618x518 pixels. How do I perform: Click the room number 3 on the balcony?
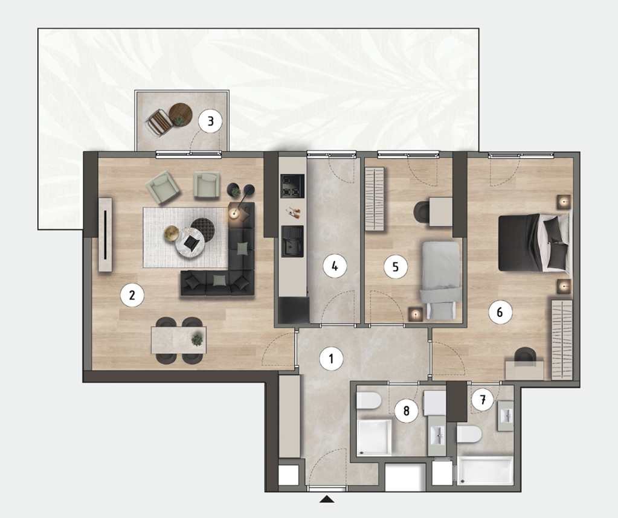tap(210, 121)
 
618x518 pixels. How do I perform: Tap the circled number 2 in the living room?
tap(132, 295)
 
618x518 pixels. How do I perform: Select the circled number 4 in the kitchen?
tap(335, 267)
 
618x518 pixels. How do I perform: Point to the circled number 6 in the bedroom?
tap(500, 312)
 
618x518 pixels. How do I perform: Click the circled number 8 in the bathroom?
tap(407, 411)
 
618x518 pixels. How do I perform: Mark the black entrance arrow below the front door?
tap(327, 499)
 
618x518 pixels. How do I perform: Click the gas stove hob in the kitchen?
tap(292, 187)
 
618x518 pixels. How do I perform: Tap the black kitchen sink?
tap(292, 241)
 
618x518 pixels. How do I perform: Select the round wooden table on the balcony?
tap(181, 115)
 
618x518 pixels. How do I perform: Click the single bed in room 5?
tap(441, 280)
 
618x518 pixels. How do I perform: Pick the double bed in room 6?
tap(533, 243)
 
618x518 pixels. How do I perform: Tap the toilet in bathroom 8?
tap(369, 403)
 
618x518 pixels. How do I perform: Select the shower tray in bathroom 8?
tap(374, 437)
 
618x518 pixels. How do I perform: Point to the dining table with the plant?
tap(179, 339)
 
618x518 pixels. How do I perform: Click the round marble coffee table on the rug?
tap(190, 243)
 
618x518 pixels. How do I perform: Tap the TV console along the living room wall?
tap(105, 235)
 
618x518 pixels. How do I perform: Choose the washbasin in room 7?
tap(506, 417)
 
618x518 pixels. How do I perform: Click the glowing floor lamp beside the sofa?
tap(234, 214)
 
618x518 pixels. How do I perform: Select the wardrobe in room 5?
tap(375, 199)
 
